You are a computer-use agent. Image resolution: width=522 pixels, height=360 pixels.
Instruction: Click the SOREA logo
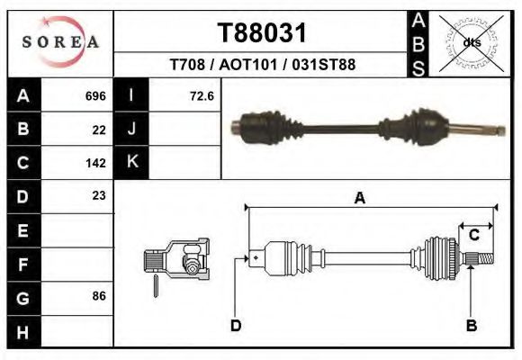pos(60,41)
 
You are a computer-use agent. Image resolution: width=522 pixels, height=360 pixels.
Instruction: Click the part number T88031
pos(263,33)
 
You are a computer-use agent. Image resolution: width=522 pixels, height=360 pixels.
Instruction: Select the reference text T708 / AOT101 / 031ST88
pos(263,65)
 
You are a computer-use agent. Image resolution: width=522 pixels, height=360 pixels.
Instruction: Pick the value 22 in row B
pos(99,130)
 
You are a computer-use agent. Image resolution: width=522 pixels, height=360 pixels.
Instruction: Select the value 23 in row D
pos(99,195)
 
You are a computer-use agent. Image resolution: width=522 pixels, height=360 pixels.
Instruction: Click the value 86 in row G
pos(99,296)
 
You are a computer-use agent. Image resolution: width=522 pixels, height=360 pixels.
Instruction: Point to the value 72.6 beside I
pos(201,95)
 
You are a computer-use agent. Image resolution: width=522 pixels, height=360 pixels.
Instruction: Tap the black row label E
pos(23,230)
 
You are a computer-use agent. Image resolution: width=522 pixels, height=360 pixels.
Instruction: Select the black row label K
pos(131,163)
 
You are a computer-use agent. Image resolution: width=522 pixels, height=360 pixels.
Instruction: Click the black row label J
pos(131,130)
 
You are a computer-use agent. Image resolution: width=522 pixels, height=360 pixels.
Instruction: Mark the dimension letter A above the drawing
pos(359,199)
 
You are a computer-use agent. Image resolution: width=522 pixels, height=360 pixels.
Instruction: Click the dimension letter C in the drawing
pos(473,235)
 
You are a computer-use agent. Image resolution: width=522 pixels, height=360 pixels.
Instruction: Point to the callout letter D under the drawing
pos(235,325)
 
